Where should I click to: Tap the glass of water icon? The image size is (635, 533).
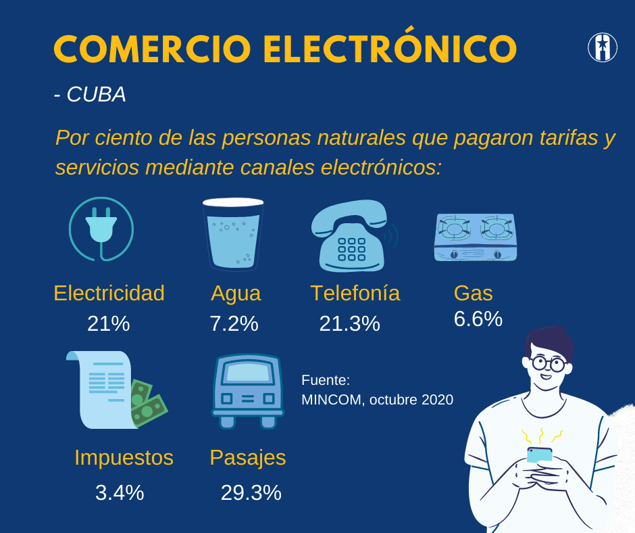[233, 233]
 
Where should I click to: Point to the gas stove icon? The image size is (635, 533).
[476, 236]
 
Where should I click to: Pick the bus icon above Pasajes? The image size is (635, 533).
[248, 390]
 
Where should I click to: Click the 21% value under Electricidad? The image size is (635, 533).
[108, 324]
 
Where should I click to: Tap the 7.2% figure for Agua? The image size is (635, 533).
[234, 324]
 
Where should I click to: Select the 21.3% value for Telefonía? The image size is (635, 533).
[349, 324]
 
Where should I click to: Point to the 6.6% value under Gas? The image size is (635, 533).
[478, 319]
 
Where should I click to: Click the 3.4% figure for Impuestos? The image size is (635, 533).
[120, 492]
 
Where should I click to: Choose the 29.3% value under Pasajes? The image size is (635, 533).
[251, 492]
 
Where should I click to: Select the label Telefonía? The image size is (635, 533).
[355, 293]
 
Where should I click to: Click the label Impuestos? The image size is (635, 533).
[124, 458]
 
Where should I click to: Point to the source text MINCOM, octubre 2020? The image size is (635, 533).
[377, 400]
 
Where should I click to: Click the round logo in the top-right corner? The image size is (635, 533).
[602, 47]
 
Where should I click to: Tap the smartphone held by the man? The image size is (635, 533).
[539, 455]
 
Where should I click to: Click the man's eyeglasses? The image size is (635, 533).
[548, 363]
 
